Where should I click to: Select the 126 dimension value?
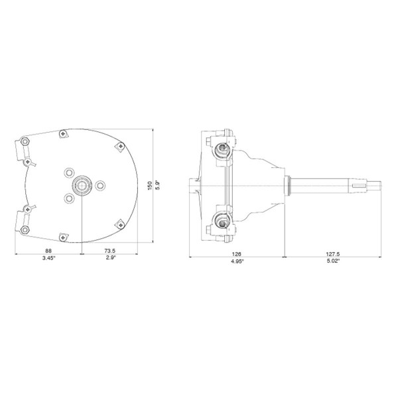[x=237, y=252]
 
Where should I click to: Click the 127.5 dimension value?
[x=334, y=252]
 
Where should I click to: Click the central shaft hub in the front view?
[x=82, y=184]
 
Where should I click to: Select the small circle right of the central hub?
[x=100, y=184]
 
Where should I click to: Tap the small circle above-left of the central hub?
[x=70, y=172]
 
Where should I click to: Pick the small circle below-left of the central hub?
[x=70, y=197]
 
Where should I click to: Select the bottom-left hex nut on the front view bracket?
[x=25, y=229]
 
